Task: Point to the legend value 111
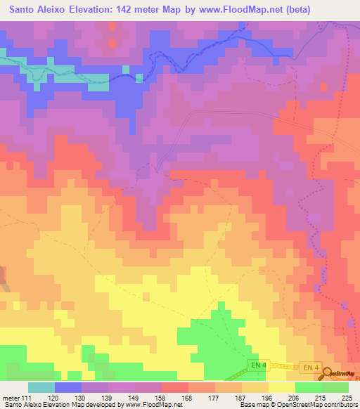[x=28, y=397]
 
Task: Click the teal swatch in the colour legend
[x=41, y=387]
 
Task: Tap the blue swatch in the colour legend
[x=68, y=387]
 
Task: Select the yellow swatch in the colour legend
[x=282, y=387]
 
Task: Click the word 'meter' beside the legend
[x=11, y=397]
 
